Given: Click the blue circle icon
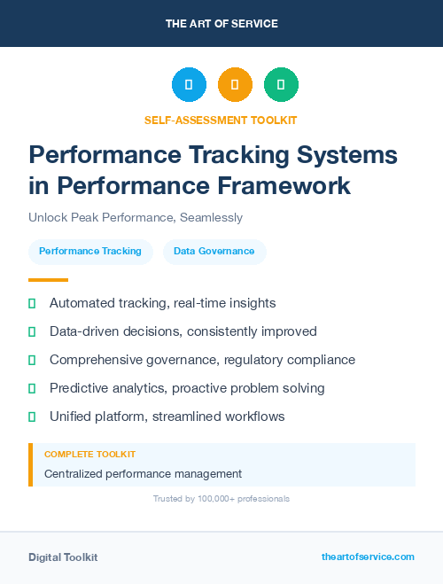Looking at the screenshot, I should (189, 84).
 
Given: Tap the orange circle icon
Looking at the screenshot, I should (235, 84).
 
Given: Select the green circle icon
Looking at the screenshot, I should (281, 84).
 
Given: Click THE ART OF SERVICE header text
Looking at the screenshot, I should (221, 24).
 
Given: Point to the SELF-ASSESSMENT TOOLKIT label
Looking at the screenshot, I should (221, 120).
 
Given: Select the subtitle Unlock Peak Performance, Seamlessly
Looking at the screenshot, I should (136, 217).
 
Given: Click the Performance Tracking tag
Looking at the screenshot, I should (90, 252).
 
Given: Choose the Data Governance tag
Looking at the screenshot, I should (214, 252).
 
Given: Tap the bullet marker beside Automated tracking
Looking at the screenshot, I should (32, 303).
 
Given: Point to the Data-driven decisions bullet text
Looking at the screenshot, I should (183, 331).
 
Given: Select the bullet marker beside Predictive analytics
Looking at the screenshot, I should (32, 388).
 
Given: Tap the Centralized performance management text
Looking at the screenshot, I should (143, 474).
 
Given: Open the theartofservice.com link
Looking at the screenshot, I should (368, 557).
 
